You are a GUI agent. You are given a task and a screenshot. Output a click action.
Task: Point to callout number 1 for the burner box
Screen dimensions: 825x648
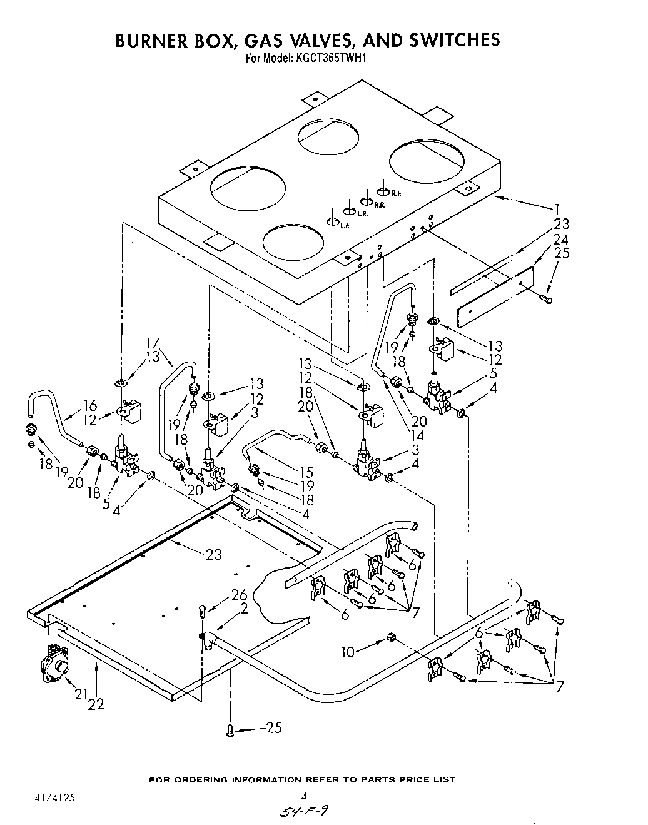point(556,210)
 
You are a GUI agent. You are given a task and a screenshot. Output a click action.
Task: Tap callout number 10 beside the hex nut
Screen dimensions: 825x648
point(347,652)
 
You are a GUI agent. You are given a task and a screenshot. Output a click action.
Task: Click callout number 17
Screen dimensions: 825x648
point(153,343)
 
